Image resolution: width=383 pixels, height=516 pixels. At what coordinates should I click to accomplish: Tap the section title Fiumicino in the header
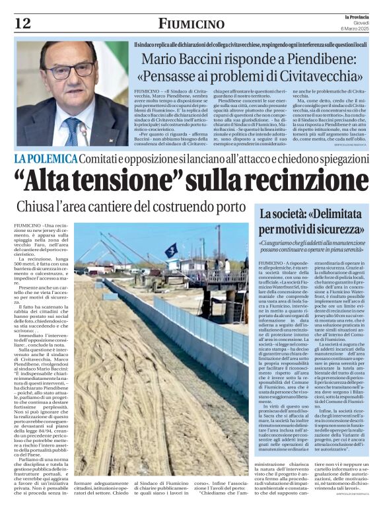tap(191, 24)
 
